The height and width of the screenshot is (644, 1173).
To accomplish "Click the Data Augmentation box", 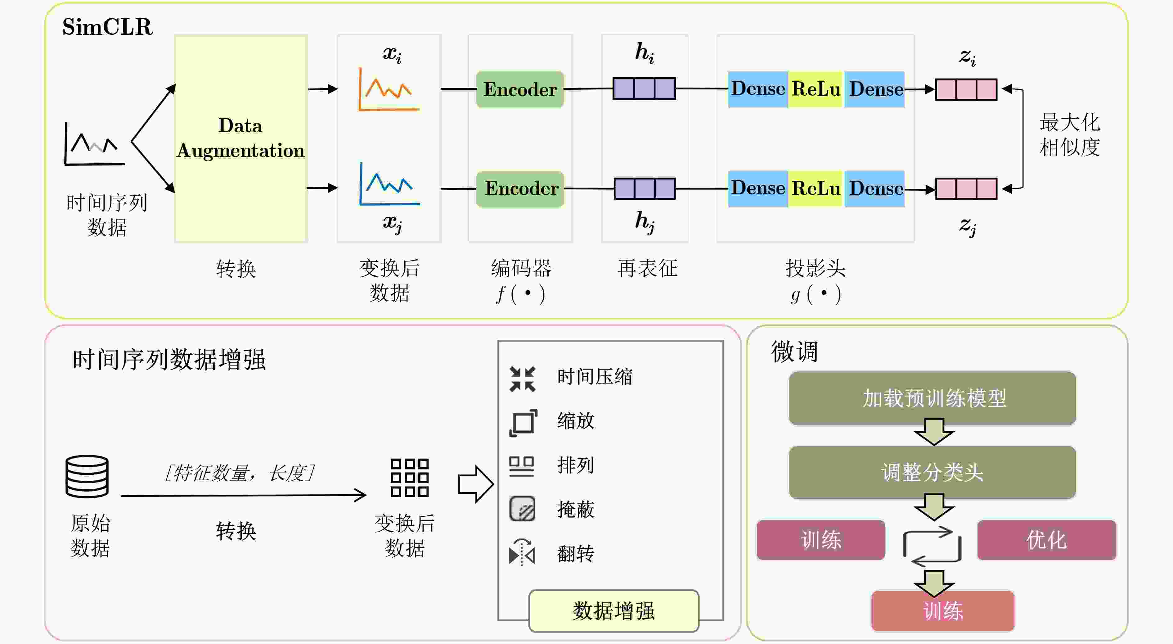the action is coord(241,138).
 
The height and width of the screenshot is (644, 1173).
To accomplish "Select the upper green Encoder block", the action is coord(520,89).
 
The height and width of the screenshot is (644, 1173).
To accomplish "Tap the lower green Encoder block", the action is coord(520,189).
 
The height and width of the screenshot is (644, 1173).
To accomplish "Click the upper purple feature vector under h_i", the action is coord(644,88).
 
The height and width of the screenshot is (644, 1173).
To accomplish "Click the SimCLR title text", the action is coord(107,27).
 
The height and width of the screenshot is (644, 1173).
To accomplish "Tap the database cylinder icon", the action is coord(87,476).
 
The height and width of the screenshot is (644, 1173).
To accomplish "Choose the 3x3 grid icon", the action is coord(409,477).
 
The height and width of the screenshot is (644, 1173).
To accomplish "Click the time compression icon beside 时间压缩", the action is coord(522,379).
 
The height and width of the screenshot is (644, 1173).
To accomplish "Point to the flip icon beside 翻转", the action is coord(522,552).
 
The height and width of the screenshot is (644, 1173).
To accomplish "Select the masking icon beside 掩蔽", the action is coord(522,509).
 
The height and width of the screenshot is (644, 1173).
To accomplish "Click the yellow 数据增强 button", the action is coord(614,611).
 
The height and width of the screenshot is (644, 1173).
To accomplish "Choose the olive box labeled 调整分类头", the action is coord(933,472).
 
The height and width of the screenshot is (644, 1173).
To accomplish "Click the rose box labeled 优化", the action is coord(1046,540).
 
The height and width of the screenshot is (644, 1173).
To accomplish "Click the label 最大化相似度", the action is coord(1070,135).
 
